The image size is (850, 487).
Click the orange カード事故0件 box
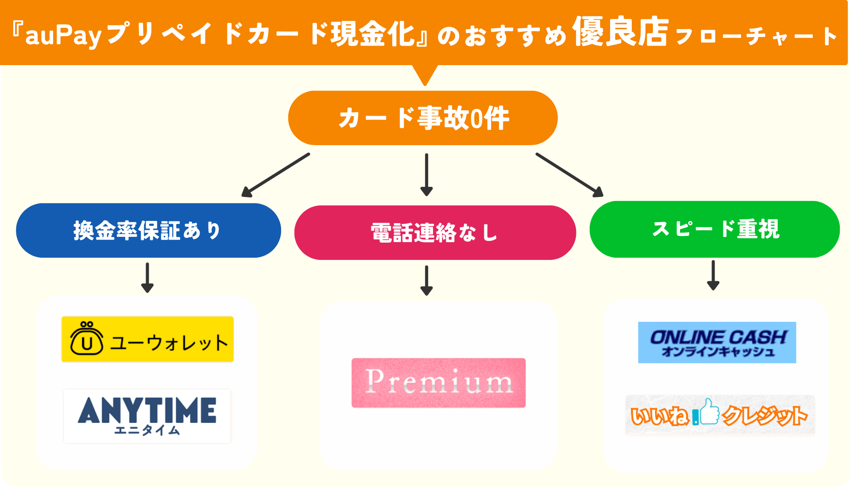(x=423, y=118)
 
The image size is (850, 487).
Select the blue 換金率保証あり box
(x=148, y=230)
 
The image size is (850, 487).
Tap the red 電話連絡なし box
(x=435, y=232)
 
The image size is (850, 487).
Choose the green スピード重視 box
(x=715, y=229)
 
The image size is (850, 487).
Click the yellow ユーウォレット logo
(x=147, y=339)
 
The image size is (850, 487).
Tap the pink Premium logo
(x=438, y=383)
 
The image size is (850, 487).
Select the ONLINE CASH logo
(x=717, y=343)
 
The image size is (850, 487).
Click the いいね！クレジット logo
(x=720, y=415)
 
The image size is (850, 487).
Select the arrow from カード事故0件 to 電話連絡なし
(x=426, y=174)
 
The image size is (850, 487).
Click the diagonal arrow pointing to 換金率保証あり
(x=276, y=175)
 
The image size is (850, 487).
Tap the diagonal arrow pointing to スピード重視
(x=569, y=175)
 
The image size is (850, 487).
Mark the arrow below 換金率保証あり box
(x=147, y=278)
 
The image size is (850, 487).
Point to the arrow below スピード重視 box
(x=713, y=275)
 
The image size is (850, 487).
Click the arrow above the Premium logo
(x=426, y=280)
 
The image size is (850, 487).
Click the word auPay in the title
(x=63, y=35)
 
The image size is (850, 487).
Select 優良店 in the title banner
(x=620, y=32)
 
